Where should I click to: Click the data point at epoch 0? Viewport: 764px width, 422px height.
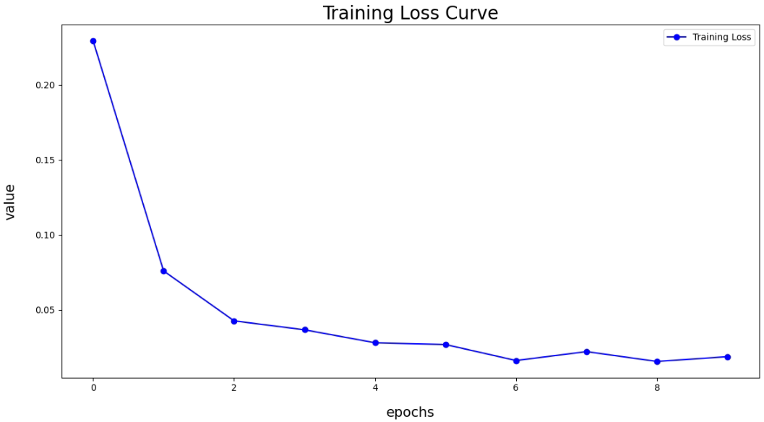[93, 41]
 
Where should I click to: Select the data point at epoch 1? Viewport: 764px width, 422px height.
[163, 271]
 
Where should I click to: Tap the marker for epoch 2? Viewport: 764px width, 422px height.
[234, 321]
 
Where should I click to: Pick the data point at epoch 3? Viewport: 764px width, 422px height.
[305, 330]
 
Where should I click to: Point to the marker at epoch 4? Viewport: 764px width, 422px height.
[375, 343]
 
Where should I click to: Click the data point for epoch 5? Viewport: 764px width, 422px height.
[446, 345]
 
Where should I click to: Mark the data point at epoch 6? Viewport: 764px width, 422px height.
[516, 361]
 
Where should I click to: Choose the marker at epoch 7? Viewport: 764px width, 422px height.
[587, 352]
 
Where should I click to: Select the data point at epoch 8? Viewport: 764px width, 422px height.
[657, 361]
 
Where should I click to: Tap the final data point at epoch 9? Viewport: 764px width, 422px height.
[727, 357]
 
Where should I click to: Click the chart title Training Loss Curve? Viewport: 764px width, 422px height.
[410, 14]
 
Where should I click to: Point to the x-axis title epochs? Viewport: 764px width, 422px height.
[410, 413]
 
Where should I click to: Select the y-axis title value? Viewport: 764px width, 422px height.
[10, 202]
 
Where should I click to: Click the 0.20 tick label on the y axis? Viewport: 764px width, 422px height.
[45, 85]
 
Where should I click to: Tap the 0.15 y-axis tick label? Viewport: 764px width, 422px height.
[45, 160]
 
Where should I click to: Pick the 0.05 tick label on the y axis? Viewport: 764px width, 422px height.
[45, 311]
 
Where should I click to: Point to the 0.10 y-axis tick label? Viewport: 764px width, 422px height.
[45, 236]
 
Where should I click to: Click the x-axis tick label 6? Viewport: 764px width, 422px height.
[516, 388]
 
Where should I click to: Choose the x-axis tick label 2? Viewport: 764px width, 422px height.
[234, 388]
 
